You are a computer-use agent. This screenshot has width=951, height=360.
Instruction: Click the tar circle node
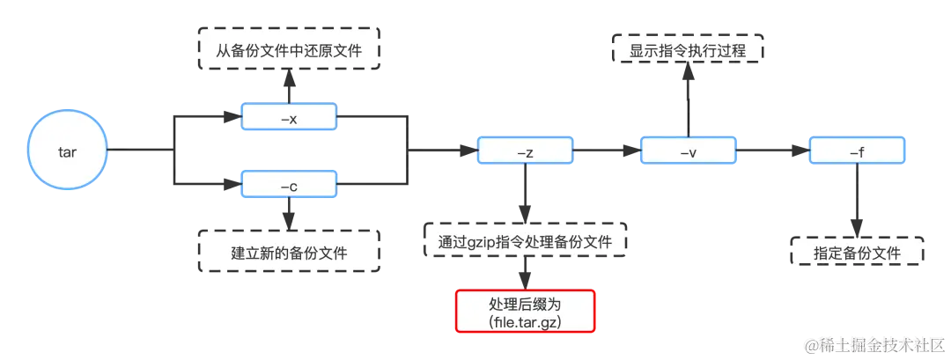(x=67, y=152)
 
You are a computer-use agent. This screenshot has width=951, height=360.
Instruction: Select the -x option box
(x=289, y=117)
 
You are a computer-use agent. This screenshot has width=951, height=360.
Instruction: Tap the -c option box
(x=289, y=186)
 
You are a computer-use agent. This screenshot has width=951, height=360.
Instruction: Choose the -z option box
(x=526, y=152)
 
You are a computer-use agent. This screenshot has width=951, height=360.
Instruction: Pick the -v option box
(x=689, y=152)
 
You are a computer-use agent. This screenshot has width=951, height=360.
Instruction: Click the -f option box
(x=856, y=152)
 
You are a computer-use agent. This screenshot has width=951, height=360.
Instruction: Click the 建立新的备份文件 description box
(x=289, y=253)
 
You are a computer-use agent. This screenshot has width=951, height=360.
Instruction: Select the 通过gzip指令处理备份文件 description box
(x=526, y=241)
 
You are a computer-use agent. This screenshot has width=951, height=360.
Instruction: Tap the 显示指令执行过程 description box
(x=688, y=51)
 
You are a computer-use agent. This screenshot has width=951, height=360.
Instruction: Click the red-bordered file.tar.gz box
(x=525, y=311)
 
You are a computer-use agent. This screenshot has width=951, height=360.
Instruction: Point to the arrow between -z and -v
(x=608, y=152)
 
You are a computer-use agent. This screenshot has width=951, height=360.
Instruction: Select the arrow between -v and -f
(x=772, y=152)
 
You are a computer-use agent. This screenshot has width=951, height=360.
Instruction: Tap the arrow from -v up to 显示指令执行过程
(x=689, y=100)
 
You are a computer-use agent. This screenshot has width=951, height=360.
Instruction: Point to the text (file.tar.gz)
(x=525, y=322)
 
